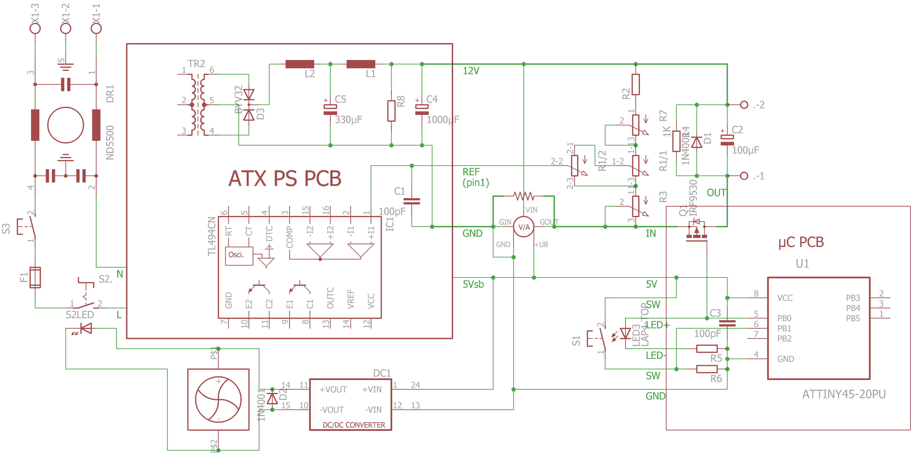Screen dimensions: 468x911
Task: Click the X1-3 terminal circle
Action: point(35,28)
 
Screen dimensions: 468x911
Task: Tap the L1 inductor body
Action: point(361,64)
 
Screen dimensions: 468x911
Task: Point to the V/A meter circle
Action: point(524,227)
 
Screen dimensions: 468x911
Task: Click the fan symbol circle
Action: point(218,399)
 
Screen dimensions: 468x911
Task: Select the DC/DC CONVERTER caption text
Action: point(354,425)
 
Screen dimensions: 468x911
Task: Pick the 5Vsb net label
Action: point(473,284)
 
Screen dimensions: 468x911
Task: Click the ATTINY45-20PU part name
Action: point(844,394)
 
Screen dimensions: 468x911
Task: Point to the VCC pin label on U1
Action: point(785,298)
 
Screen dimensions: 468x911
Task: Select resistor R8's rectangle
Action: point(391,111)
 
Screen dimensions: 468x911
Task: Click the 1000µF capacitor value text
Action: point(443,120)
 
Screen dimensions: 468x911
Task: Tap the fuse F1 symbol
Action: point(35,277)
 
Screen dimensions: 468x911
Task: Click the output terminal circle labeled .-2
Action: point(744,105)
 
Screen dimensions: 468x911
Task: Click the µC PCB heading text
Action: point(801,243)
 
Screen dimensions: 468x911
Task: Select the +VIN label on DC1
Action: point(372,390)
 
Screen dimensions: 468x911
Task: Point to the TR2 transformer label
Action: point(196,64)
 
